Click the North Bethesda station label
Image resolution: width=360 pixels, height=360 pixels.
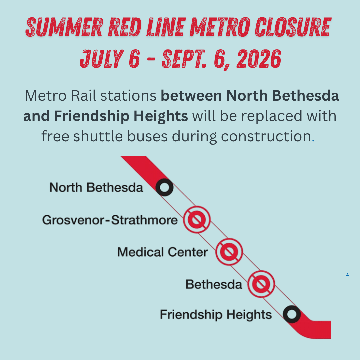[x=96, y=187]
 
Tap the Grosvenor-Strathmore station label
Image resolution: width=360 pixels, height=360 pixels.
[x=110, y=220]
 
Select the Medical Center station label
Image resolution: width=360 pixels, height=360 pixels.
[x=163, y=252]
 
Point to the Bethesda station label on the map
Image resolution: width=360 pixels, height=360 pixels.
[x=214, y=284]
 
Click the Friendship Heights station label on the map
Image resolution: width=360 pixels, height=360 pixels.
[x=216, y=315]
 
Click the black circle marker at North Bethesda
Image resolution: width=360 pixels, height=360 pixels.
[x=164, y=187]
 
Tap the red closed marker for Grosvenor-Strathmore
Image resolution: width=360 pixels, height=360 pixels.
[x=197, y=220]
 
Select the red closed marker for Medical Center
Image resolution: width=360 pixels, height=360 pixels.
[x=229, y=252]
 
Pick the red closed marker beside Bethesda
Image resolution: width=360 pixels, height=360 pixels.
[x=261, y=284]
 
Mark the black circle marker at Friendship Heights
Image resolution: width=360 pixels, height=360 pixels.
[x=292, y=314]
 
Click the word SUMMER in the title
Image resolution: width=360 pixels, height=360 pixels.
[x=64, y=27]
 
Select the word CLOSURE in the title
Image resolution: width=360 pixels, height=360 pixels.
[x=293, y=27]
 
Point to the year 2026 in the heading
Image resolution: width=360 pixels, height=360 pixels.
[x=259, y=59]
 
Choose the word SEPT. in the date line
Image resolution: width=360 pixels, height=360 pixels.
[x=184, y=59]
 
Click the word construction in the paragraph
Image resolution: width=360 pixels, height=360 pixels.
[x=266, y=136]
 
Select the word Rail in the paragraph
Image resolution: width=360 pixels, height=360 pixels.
[x=84, y=96]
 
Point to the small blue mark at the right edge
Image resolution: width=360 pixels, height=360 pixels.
[x=348, y=275]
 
